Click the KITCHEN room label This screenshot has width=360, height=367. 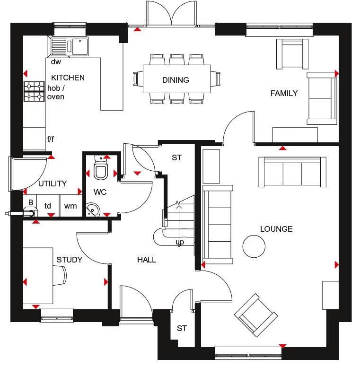coord(68,78)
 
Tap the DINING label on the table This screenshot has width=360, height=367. coord(176,80)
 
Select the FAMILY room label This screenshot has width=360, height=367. coord(284,93)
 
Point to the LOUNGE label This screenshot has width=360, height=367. coord(276,229)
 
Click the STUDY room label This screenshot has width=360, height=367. coord(70,260)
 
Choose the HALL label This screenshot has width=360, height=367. coord(147,260)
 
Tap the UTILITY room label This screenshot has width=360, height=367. coord(53,183)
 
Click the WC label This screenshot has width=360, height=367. coord(100,192)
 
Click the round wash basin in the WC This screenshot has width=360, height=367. coord(93,210)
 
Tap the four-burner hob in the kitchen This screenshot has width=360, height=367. coord(34,91)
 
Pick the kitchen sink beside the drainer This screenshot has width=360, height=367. coord(79,46)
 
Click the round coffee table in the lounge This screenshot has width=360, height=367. coord(254,246)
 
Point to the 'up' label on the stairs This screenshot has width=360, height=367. coord(180,242)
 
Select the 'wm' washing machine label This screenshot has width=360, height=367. coord(70,206)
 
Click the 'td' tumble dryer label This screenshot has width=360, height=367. coord(48,206)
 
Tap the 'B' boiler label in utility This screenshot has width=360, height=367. coord(31,203)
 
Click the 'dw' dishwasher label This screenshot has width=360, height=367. coord(56,61)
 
